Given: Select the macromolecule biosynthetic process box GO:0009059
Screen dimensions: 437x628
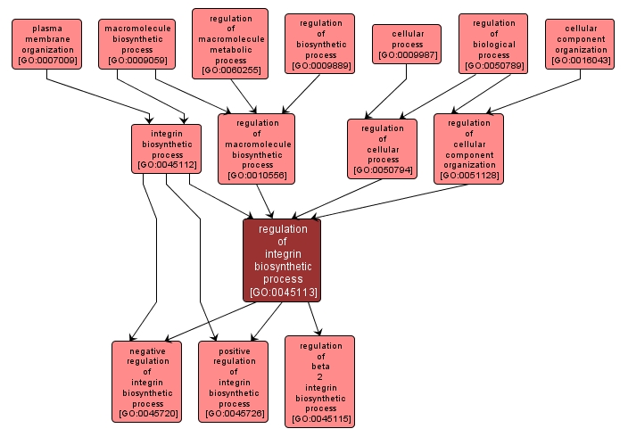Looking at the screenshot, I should tap(136, 45).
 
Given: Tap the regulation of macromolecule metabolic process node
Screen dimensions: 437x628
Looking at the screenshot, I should tap(230, 44).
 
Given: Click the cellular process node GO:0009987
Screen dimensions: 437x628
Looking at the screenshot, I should tap(408, 44).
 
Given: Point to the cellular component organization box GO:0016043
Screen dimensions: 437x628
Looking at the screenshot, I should tap(581, 44).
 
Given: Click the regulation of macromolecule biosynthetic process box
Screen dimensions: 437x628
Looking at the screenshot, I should tap(257, 148).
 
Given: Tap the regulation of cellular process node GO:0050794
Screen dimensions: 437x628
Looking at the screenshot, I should tap(383, 148).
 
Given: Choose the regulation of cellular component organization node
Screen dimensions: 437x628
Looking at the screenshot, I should tap(469, 148).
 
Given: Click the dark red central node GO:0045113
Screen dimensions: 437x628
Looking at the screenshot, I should tap(282, 260).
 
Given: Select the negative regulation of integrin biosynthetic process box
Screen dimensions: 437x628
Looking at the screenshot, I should tap(147, 381).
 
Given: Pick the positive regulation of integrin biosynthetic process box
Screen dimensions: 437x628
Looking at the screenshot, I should tap(234, 381).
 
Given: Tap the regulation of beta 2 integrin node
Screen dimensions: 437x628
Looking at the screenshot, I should tap(320, 381).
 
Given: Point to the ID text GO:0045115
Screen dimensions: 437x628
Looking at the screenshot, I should tap(320, 418).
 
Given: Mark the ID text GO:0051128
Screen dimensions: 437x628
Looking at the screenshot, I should tap(469, 176).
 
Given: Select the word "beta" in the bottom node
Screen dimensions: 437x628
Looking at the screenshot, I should tap(320, 367).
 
